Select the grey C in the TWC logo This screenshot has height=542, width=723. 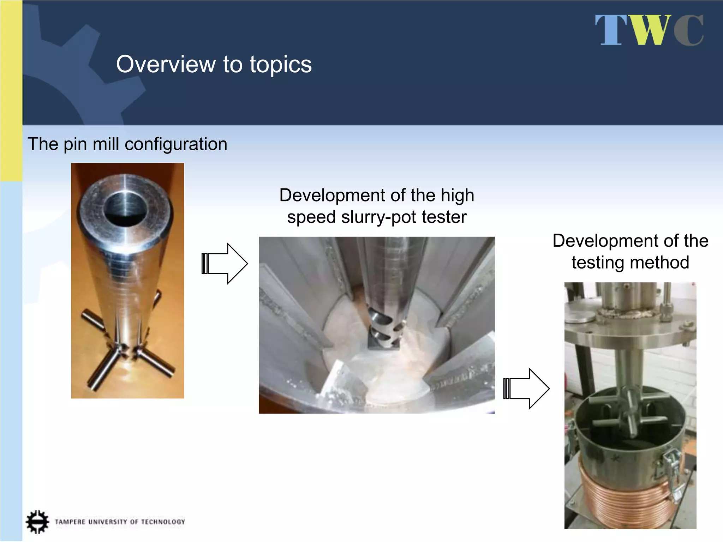point(689,31)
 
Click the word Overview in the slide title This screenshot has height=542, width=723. point(166,64)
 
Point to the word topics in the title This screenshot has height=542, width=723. point(281,65)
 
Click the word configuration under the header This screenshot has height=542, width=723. point(176,144)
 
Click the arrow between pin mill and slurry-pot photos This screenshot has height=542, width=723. point(225,264)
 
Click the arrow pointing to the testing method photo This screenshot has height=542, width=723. point(526,389)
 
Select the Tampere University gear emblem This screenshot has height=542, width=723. point(37,521)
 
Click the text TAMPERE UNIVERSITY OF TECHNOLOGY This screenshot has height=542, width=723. point(120,522)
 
